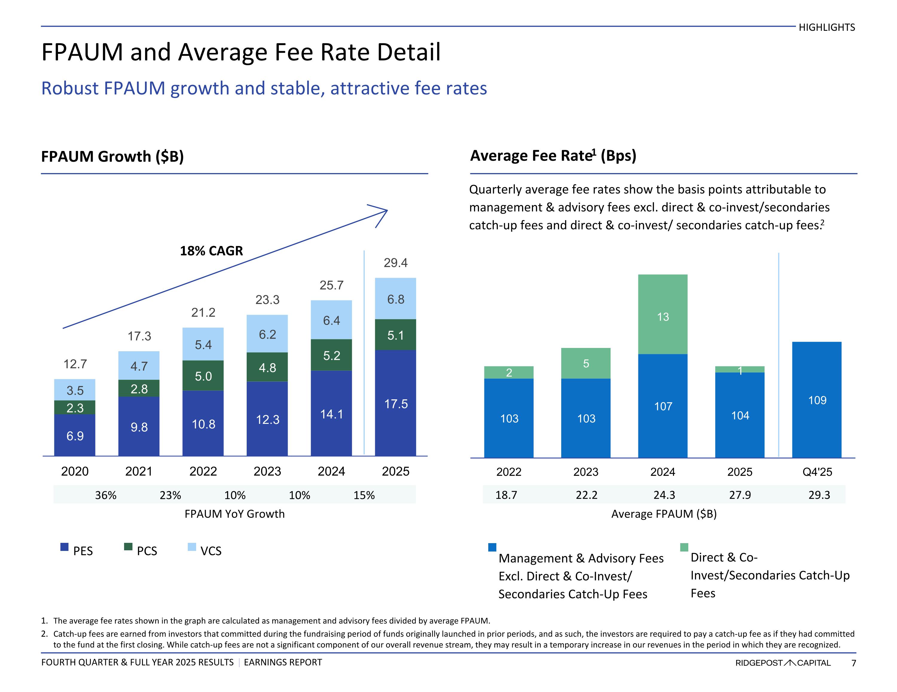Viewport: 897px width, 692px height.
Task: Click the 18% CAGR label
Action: click(211, 250)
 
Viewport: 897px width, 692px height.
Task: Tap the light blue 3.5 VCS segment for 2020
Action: click(75, 390)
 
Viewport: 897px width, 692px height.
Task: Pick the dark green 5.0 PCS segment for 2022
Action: click(203, 375)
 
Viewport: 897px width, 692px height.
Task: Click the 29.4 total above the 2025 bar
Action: click(396, 263)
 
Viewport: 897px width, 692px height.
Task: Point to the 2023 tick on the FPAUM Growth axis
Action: click(267, 471)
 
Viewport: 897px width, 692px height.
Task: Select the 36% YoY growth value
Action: click(106, 495)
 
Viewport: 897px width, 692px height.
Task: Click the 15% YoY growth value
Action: click(364, 495)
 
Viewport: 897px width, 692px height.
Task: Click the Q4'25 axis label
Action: click(817, 472)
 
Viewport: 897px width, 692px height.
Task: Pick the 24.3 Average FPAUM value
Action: click(664, 495)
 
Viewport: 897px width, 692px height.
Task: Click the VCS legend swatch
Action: click(192, 547)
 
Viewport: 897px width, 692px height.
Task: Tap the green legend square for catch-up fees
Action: click(684, 547)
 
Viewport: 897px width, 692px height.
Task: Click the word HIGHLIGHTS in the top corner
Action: click(826, 28)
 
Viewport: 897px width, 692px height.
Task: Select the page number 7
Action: click(853, 663)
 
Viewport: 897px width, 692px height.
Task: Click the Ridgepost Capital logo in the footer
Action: click(783, 663)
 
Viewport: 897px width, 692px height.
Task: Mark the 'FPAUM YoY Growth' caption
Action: click(234, 514)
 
